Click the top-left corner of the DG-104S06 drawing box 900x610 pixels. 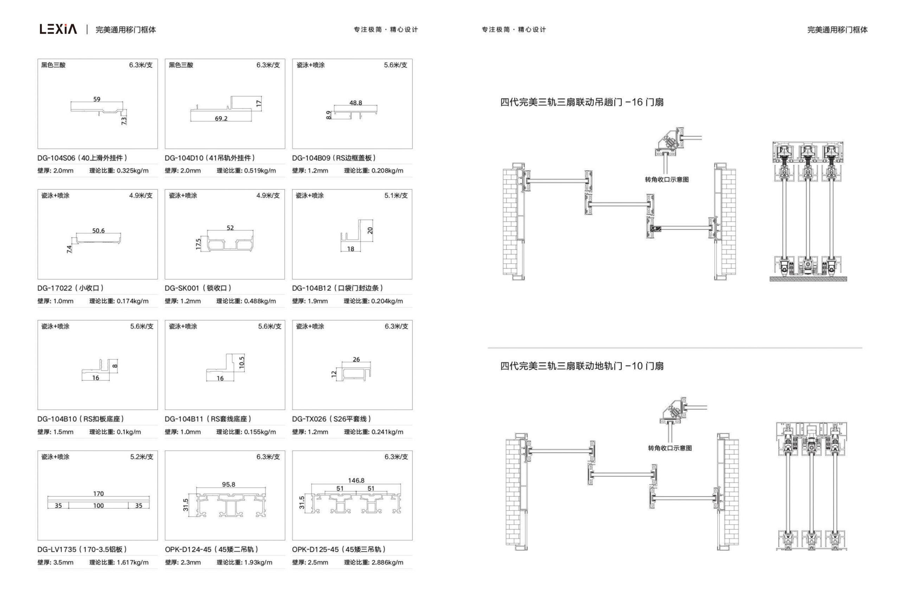pyautogui.click(x=38, y=59)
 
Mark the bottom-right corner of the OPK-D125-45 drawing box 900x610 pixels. pyautogui.click(x=412, y=540)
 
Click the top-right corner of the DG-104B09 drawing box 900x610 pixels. pyautogui.click(x=412, y=59)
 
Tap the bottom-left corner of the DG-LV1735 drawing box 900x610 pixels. pyautogui.click(x=38, y=540)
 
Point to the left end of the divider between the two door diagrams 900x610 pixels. pyautogui.click(x=488, y=348)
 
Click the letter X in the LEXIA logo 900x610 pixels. pyautogui.click(x=58, y=29)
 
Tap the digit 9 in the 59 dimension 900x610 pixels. pyautogui.click(x=98, y=99)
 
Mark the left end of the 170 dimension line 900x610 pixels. pyautogui.click(x=47, y=497)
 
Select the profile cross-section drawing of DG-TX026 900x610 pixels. pyautogui.click(x=356, y=372)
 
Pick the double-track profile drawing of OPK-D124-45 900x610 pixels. pyautogui.click(x=231, y=505)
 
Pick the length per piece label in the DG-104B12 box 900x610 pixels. pyautogui.click(x=396, y=195)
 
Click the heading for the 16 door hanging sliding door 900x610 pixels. pyautogui.click(x=582, y=102)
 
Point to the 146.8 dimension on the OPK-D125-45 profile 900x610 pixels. pyautogui.click(x=356, y=480)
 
